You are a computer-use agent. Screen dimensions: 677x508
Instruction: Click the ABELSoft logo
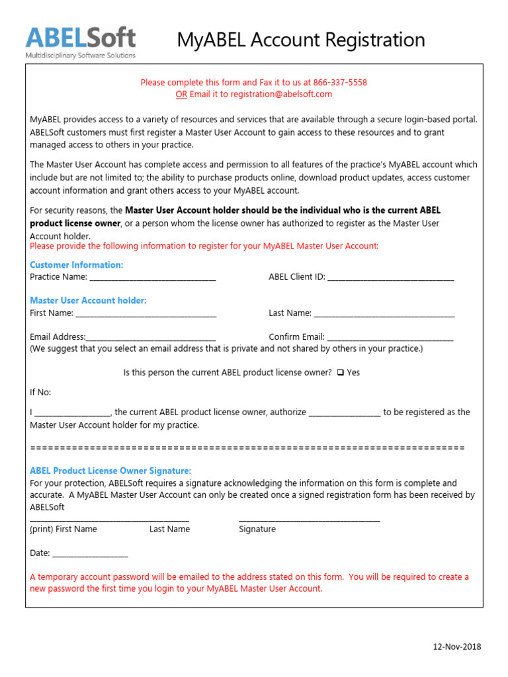80,42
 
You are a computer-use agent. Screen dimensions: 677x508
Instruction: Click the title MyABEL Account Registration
301,40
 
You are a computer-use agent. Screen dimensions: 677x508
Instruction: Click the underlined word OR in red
181,95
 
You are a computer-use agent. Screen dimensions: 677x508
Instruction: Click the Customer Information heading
76,265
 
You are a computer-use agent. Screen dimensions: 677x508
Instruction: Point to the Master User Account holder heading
88,301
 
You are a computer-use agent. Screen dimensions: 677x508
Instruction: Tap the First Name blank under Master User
146,313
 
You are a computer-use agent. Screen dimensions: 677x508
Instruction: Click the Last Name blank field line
384,313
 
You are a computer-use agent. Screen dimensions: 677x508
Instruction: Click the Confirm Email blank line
390,337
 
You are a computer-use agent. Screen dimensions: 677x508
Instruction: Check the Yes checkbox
340,373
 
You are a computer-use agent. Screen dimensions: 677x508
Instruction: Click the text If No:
40,393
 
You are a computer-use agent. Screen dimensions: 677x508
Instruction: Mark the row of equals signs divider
247,448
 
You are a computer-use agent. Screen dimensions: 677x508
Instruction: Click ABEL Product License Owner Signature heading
110,471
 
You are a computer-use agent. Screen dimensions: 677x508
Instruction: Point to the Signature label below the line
257,530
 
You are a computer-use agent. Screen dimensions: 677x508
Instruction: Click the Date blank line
90,553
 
